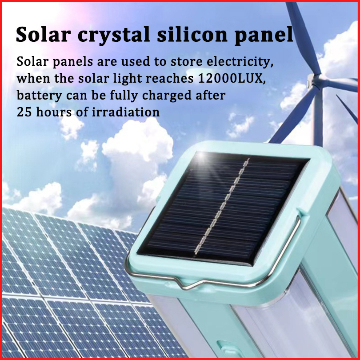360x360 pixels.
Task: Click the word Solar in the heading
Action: pos(43,34)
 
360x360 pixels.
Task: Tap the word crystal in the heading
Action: pos(114,36)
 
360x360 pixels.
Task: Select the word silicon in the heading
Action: pos(192,34)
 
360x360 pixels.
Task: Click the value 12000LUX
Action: pos(232,78)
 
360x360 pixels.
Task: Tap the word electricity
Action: pos(240,62)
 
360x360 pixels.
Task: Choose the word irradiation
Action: pos(126,112)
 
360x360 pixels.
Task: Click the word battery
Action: pos(39,96)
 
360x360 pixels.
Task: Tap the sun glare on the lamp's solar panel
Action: pos(202,156)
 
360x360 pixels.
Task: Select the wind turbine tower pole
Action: pos(318,117)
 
